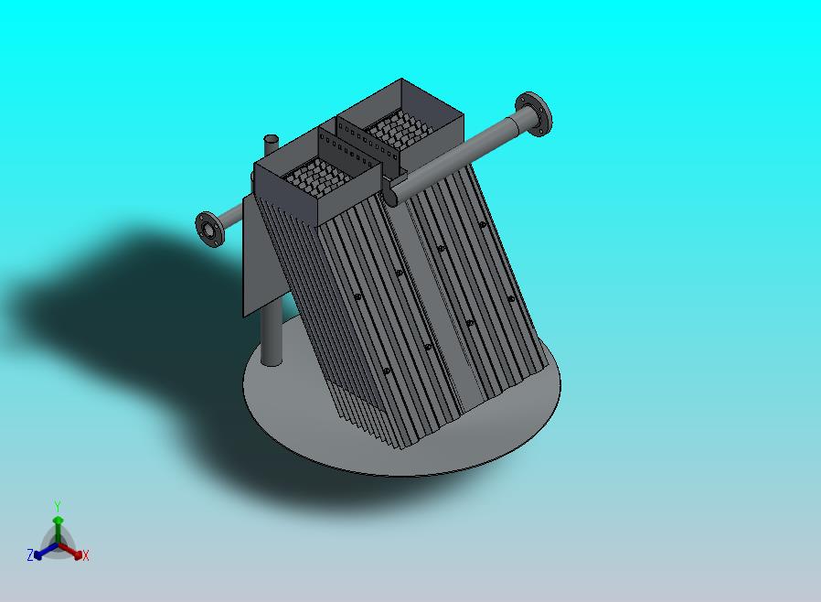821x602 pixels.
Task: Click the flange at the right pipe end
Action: point(534,114)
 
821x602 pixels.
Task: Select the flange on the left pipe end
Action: point(209,229)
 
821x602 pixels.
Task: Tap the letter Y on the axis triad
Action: point(58,507)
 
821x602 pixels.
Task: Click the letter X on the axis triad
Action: point(86,556)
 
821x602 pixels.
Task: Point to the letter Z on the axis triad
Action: point(30,555)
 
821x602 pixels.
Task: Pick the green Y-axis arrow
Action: point(58,531)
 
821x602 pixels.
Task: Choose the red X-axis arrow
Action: point(70,551)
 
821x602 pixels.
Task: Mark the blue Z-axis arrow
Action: point(46,551)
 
